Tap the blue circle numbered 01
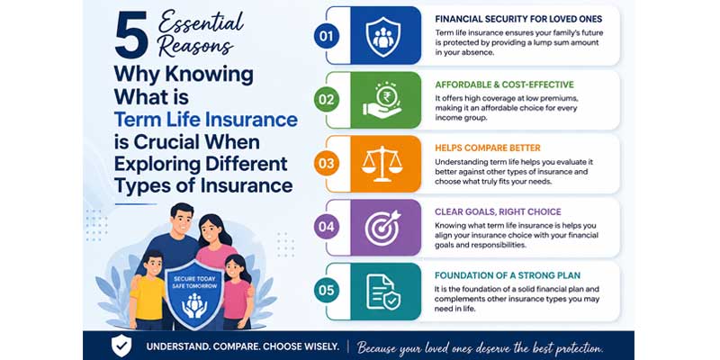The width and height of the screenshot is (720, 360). [327, 36]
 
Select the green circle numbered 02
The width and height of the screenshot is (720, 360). [327, 100]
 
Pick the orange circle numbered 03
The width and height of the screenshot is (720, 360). [327, 164]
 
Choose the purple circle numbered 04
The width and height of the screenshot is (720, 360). [327, 227]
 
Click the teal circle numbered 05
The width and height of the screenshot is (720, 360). [327, 291]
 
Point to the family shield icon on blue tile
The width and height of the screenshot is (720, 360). [383, 37]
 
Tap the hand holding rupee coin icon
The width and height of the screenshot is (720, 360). [382, 99]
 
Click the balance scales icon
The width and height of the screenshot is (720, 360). [382, 164]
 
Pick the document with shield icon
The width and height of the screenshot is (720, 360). [383, 292]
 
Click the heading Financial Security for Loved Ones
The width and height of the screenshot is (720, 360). [518, 19]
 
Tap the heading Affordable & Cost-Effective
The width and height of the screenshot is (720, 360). [504, 85]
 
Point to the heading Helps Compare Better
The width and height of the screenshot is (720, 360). [488, 148]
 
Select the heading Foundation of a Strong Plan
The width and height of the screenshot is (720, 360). [508, 275]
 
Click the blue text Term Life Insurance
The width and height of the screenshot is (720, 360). [206, 120]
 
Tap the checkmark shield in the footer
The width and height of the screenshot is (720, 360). [121, 346]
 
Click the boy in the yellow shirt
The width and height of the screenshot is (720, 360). [147, 289]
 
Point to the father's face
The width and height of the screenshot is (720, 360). [183, 221]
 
